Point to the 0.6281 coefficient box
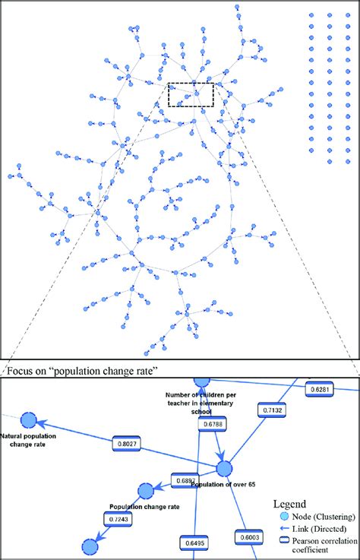pos(320,389)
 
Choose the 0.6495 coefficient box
pos(195,543)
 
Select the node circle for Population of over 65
pos(224,469)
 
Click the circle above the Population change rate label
pos(145,491)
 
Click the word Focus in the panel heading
pos(21,372)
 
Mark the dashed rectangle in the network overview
pos(191,95)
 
